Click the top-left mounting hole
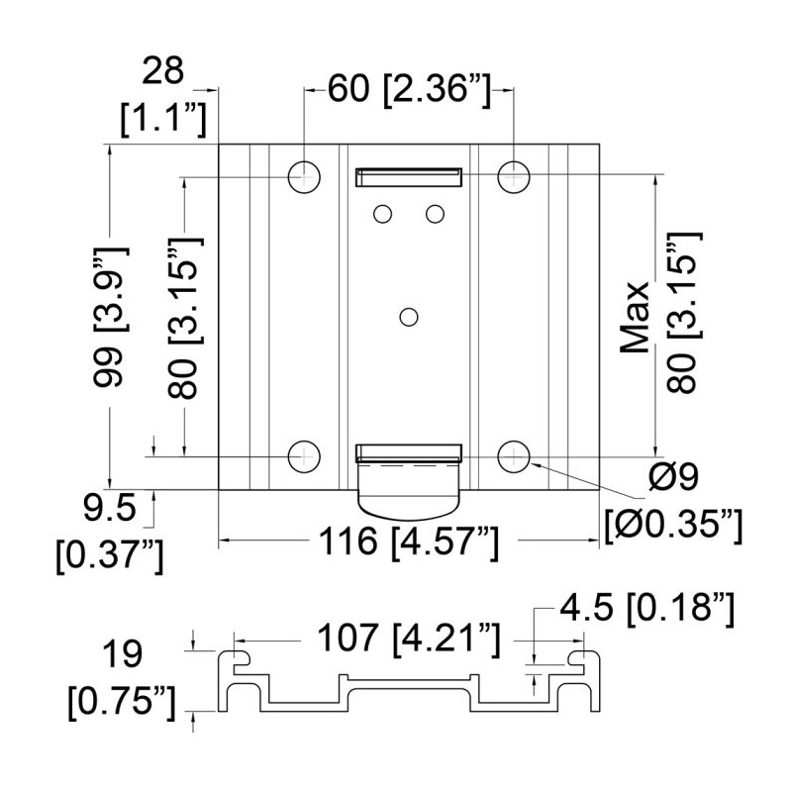304,177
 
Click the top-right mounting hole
514,177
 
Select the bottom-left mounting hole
304,457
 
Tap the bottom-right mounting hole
514,457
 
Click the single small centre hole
409,317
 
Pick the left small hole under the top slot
382,214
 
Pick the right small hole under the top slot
435,214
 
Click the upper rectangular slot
409,177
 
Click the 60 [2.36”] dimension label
409,89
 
